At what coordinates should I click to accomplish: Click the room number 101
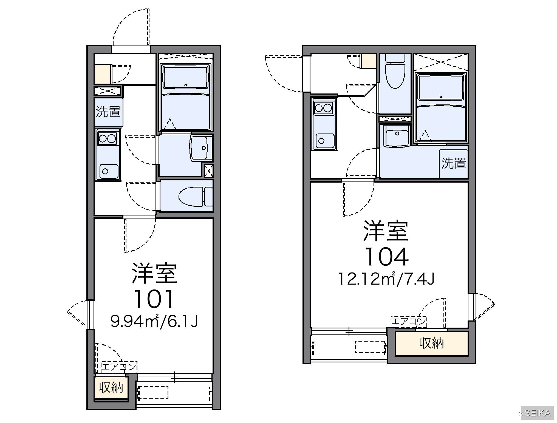point(154,299)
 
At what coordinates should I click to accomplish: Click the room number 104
point(386,257)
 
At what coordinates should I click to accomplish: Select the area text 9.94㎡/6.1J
point(154,321)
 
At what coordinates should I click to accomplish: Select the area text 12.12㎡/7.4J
point(386,279)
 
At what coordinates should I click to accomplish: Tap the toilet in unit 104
point(395,71)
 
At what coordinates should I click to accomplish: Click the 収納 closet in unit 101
point(111,388)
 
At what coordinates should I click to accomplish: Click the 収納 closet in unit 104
point(431,343)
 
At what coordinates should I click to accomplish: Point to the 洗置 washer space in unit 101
point(108,112)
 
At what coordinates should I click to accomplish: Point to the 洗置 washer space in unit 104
point(453,164)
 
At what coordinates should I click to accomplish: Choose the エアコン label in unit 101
point(119,367)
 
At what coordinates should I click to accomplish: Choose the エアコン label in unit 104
point(409,321)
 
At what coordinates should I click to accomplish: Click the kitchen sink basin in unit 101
point(109,171)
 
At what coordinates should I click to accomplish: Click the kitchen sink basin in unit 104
point(325,141)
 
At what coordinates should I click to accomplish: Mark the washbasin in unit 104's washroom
point(397,136)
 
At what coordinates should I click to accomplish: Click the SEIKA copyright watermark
point(535,413)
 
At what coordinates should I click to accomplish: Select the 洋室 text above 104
point(386,231)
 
